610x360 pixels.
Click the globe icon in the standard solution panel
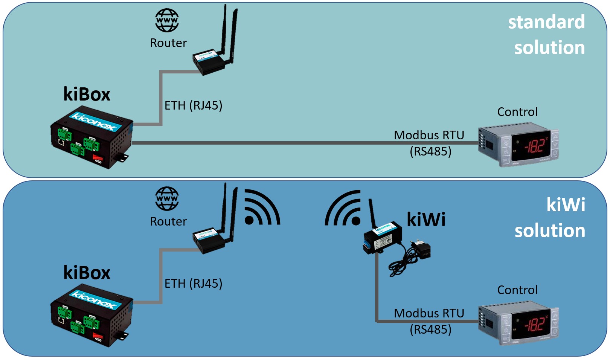point(167,20)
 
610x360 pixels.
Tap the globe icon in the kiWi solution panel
point(167,198)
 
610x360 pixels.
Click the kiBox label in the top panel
point(87,94)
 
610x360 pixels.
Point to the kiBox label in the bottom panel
point(87,273)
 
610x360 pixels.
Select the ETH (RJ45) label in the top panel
point(193,105)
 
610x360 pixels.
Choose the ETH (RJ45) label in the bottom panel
point(193,284)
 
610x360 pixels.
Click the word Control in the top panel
point(517,112)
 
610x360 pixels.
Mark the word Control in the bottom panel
point(517,290)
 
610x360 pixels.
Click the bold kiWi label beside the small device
point(426,220)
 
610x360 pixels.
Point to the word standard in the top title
point(546,22)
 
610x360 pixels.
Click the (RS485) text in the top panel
point(430,151)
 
